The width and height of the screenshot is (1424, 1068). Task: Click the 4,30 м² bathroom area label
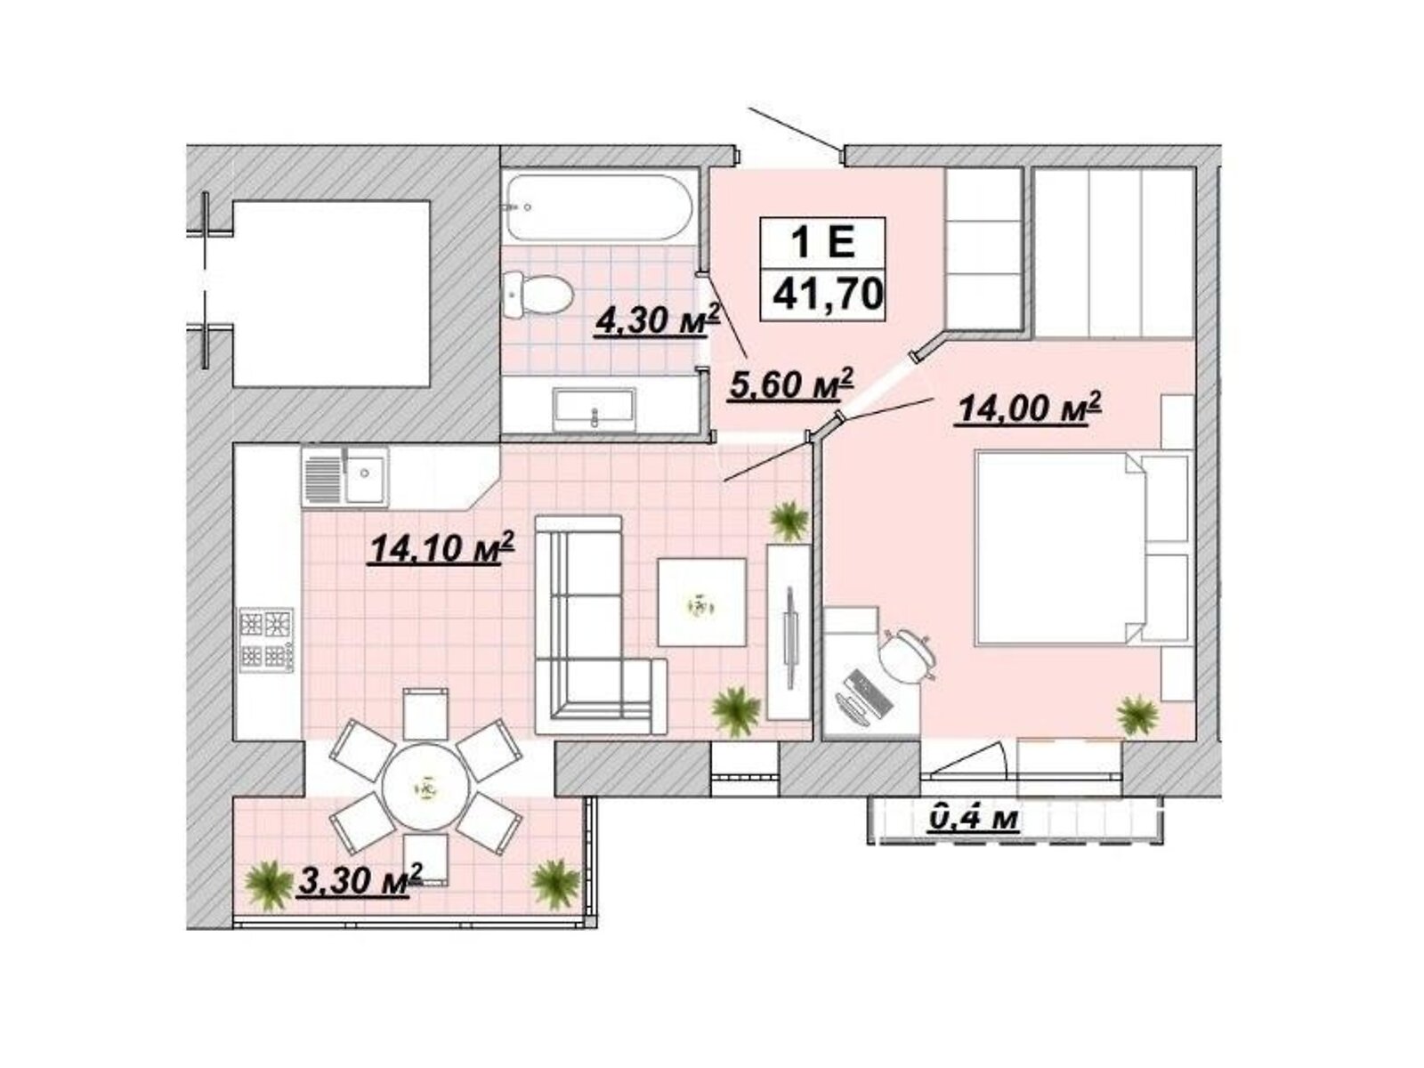[x=657, y=319]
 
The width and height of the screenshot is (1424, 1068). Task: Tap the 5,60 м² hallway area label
[x=790, y=384]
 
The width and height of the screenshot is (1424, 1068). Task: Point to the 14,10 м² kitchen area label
[x=441, y=548]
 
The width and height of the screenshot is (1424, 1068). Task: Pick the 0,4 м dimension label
[x=973, y=818]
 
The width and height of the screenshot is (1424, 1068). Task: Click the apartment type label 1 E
[x=822, y=243]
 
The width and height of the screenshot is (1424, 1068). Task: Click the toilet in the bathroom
[x=538, y=295]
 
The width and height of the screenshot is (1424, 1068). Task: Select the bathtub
[x=600, y=207]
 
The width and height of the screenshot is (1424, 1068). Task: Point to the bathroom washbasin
[x=593, y=409]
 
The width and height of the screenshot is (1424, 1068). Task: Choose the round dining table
[x=425, y=788]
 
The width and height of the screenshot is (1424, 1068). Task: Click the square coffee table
[x=702, y=603]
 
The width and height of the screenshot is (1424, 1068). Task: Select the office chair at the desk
[x=909, y=657]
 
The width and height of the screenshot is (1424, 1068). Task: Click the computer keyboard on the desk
[x=870, y=694]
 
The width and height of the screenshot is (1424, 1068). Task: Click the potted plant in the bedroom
[x=1137, y=716]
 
